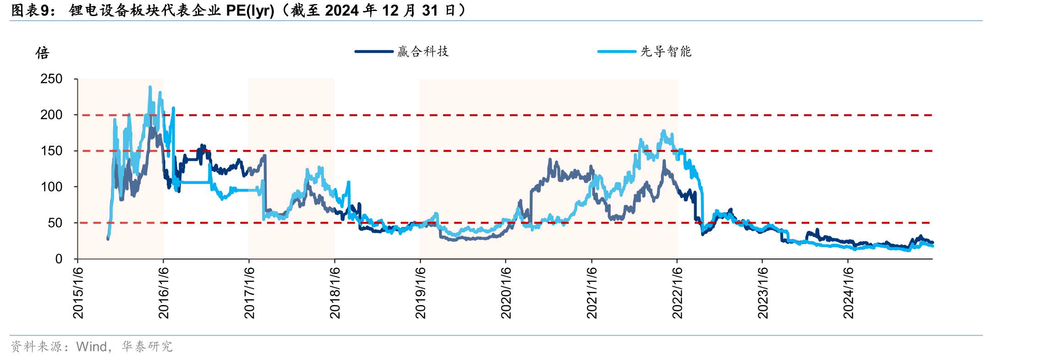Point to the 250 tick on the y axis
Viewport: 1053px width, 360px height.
tap(51, 79)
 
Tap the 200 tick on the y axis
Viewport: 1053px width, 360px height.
tap(51, 115)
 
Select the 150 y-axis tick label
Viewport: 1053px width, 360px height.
tap(51, 151)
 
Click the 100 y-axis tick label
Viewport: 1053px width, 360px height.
tap(51, 187)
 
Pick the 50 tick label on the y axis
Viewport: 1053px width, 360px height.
tap(55, 223)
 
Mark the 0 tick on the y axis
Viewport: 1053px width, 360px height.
tap(59, 259)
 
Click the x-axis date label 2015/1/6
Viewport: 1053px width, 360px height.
tap(78, 293)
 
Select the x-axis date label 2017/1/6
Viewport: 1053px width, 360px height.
tap(249, 293)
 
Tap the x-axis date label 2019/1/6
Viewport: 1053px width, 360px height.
tap(421, 293)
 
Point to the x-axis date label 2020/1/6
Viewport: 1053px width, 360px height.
tap(506, 293)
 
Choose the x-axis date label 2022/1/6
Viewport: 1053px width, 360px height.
tap(677, 293)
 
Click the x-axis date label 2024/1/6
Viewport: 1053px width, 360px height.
tap(849, 293)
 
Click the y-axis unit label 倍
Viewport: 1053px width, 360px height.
tap(43, 53)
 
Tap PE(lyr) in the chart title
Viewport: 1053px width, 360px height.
tap(250, 11)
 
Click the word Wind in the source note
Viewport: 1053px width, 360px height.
tap(91, 347)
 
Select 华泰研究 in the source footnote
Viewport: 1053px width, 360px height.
tap(147, 347)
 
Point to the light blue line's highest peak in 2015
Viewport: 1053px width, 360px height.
tap(150, 87)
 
